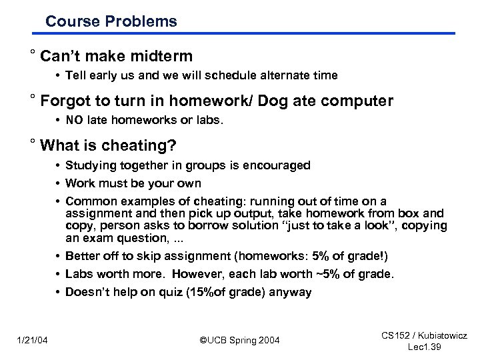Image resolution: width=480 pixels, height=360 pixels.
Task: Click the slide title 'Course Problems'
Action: coord(111,21)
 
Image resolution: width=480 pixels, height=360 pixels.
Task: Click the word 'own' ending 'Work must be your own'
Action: coord(190,183)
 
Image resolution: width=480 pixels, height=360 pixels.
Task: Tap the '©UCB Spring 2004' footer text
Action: coord(240,341)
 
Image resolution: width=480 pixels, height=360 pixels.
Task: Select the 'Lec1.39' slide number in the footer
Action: coord(424,347)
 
